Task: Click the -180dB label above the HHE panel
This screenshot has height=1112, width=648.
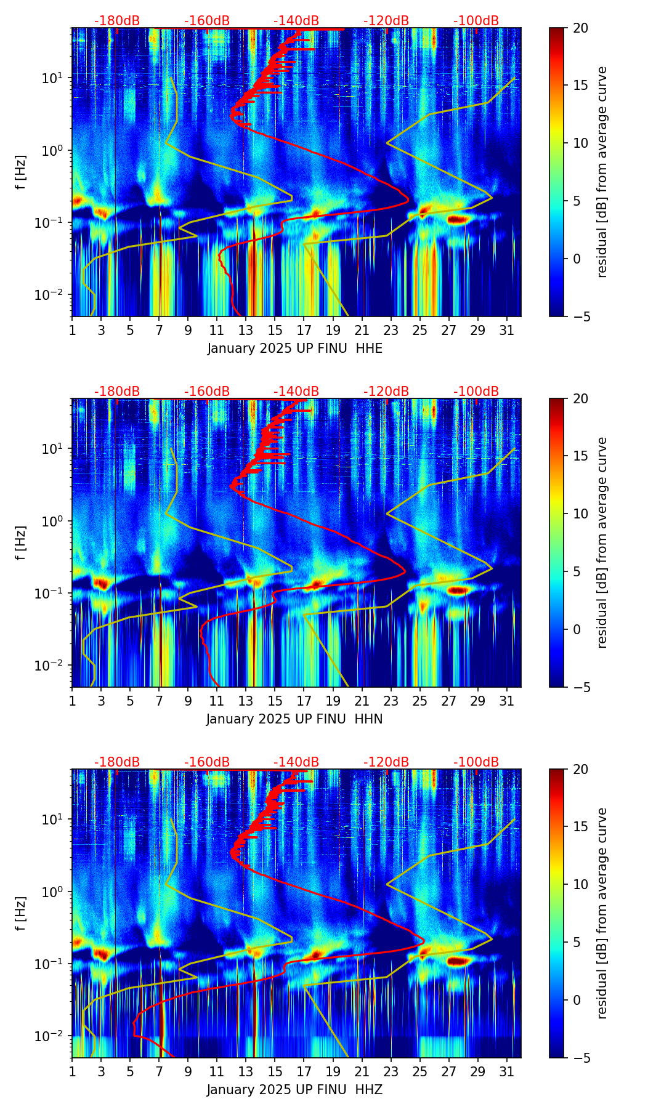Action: click(117, 21)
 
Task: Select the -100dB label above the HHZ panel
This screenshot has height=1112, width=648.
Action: click(476, 762)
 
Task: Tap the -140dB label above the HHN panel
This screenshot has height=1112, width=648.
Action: click(296, 392)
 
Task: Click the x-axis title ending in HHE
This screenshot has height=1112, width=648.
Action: click(294, 349)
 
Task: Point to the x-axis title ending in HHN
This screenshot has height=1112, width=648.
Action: click(294, 719)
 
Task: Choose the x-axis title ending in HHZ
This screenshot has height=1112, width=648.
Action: click(294, 1090)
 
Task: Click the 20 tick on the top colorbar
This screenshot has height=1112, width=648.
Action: click(580, 28)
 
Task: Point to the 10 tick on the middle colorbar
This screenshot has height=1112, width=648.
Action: click(580, 514)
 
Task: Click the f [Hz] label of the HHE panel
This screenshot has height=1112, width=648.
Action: click(21, 172)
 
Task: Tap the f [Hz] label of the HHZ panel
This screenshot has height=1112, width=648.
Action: click(21, 914)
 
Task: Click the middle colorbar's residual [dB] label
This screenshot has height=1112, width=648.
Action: click(602, 542)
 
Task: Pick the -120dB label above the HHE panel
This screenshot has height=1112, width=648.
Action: click(386, 21)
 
